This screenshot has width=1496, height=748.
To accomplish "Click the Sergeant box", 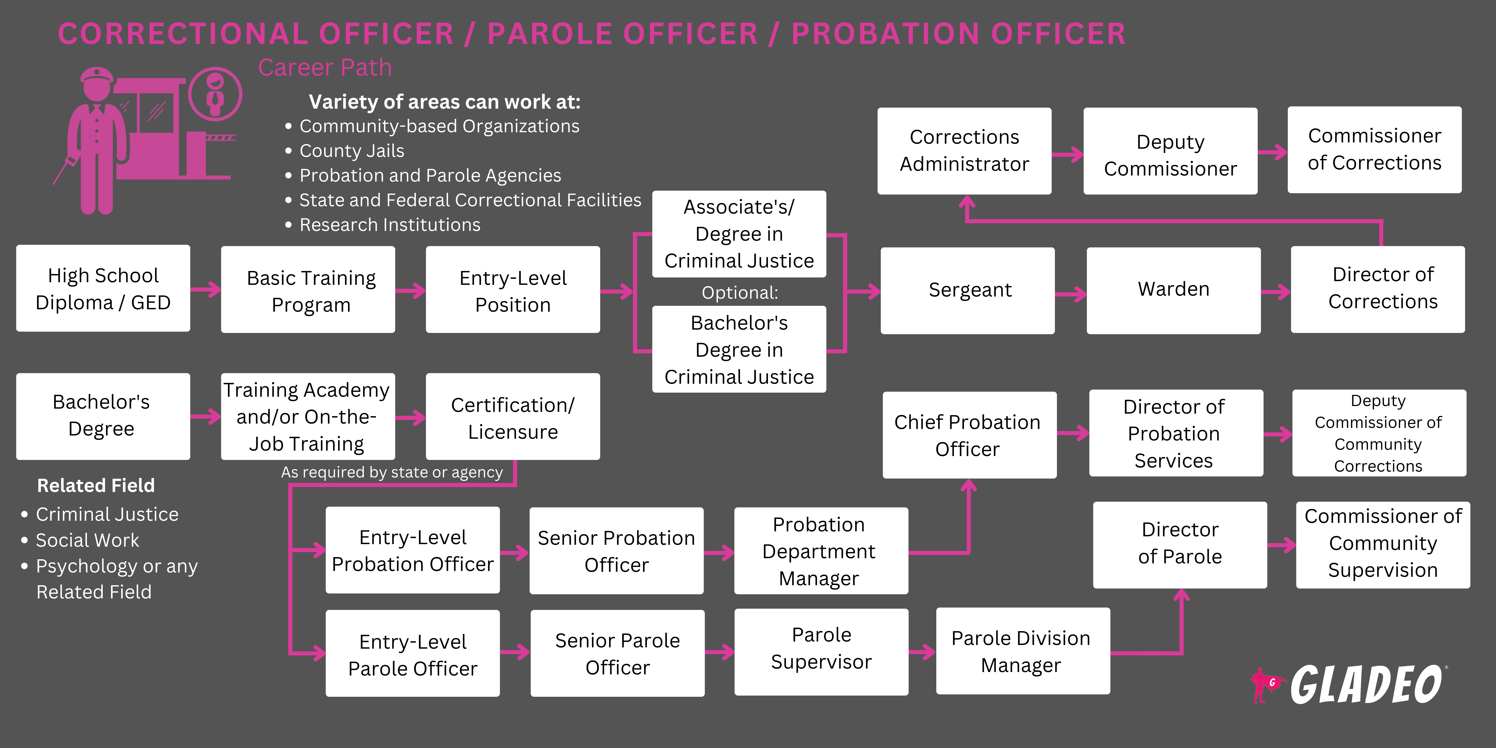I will pos(967,290).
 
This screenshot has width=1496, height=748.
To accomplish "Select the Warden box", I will pos(1173,290).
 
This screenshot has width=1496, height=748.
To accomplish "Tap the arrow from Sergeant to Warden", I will pos(1070,294).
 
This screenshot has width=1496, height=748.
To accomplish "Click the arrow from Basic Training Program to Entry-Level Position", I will pos(411,290).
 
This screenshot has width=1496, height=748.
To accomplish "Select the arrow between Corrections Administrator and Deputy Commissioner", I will pos(1067,154).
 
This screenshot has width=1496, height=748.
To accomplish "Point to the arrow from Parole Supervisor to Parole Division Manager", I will pos(922,652).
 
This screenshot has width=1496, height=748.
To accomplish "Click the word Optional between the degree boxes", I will pos(739,292).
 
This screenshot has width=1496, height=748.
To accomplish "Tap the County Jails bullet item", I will pos(351,151).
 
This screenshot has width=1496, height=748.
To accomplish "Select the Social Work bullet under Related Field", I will pos(87,540).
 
